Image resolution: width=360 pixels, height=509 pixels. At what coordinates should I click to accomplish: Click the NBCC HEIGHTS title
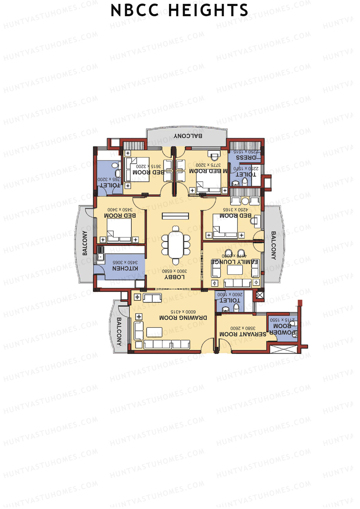(x=179, y=10)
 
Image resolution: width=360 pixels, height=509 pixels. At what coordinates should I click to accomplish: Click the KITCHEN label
(x=125, y=268)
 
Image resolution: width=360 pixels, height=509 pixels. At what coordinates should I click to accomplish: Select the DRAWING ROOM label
(x=183, y=318)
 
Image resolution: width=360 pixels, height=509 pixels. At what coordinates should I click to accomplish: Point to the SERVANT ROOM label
(x=243, y=334)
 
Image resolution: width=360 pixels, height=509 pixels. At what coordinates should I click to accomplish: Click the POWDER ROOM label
(x=282, y=329)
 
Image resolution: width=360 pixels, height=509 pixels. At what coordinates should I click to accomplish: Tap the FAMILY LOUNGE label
(x=235, y=262)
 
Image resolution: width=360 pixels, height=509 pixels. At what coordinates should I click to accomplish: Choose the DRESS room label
(x=246, y=157)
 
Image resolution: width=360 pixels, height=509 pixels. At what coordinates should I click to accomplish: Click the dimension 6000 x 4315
(x=183, y=312)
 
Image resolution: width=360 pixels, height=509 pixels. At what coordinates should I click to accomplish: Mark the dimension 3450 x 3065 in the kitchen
(x=125, y=262)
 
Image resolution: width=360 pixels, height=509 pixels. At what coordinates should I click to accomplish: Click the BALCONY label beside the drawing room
(x=119, y=332)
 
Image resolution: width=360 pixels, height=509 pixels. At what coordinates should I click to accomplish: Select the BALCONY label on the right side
(x=273, y=245)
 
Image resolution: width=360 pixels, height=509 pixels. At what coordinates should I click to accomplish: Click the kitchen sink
(x=100, y=253)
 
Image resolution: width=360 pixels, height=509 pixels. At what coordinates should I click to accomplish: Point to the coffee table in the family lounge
(x=235, y=270)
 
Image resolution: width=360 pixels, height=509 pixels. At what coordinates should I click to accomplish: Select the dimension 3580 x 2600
(x=243, y=328)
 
